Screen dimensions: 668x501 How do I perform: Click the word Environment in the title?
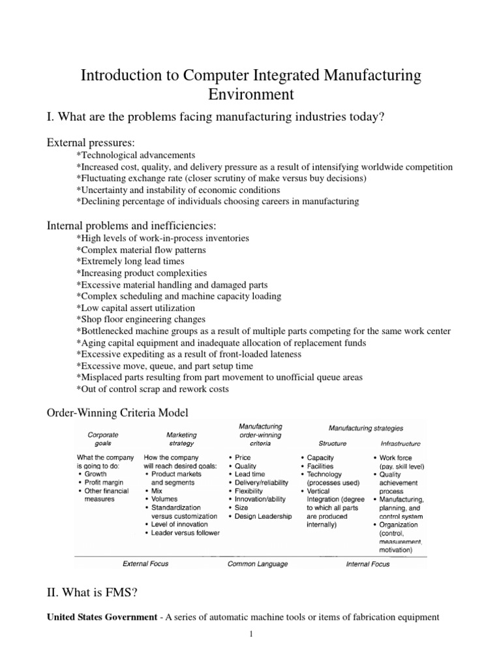point(250,95)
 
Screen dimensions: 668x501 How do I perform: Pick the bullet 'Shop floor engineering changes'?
point(141,320)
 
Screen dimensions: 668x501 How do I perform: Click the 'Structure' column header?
point(333,443)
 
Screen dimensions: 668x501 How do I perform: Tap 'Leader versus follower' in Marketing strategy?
point(185,533)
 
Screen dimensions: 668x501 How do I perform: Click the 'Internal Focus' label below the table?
point(367,564)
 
